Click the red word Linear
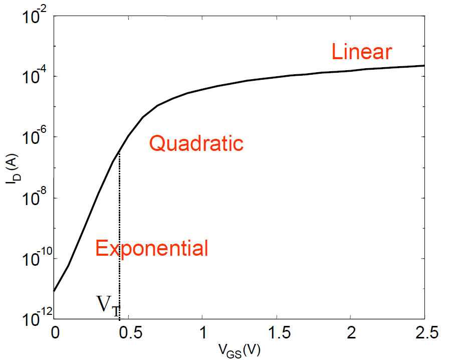point(361,52)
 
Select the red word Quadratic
point(196,144)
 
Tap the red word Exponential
point(152,248)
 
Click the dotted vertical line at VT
point(119,226)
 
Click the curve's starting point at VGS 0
point(54,291)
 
